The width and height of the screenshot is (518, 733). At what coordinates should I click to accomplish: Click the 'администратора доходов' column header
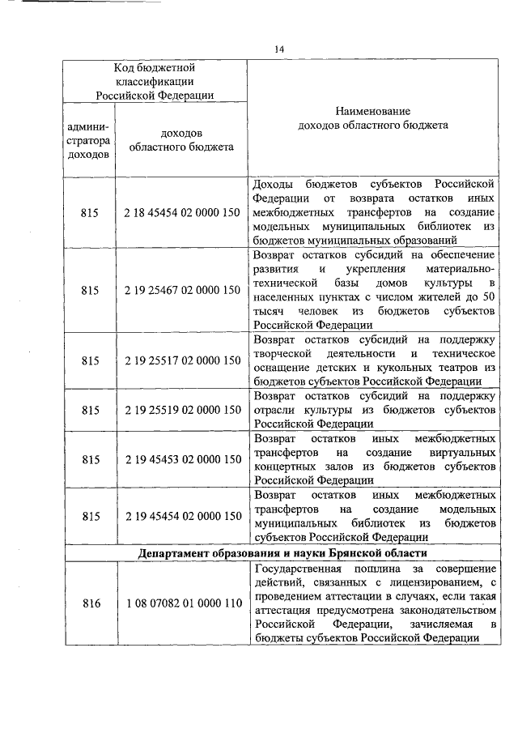[x=89, y=139]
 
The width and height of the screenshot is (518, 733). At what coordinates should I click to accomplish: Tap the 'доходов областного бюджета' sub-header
[x=182, y=139]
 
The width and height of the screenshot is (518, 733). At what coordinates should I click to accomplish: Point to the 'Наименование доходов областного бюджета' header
[x=372, y=117]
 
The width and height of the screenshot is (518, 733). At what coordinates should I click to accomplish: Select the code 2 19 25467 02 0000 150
[x=182, y=289]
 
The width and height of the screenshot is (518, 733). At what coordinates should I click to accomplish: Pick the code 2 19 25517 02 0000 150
[x=182, y=360]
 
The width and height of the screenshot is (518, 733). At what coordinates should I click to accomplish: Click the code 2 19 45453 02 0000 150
[x=182, y=459]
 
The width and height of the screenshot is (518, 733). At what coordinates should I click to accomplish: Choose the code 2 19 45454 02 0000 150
[x=182, y=516]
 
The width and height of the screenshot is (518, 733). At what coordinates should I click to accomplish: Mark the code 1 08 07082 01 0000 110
[x=182, y=603]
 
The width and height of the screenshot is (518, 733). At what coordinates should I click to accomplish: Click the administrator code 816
[x=89, y=603]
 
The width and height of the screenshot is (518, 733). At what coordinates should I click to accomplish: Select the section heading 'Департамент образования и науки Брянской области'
[x=282, y=553]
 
